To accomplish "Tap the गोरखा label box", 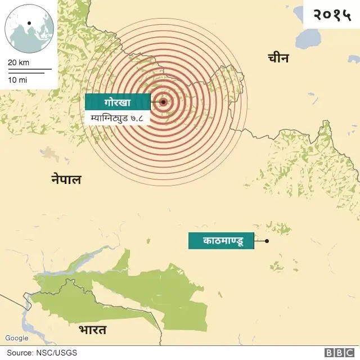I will [118, 102].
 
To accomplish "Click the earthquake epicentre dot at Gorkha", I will [163, 102].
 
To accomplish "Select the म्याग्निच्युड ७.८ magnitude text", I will [117, 119].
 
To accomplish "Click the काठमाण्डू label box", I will [220, 241].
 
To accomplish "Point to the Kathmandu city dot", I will [267, 241].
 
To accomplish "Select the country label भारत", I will [93, 329].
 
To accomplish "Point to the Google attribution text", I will [16, 338].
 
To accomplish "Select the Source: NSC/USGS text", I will [42, 353].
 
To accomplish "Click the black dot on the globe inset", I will [29, 24].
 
